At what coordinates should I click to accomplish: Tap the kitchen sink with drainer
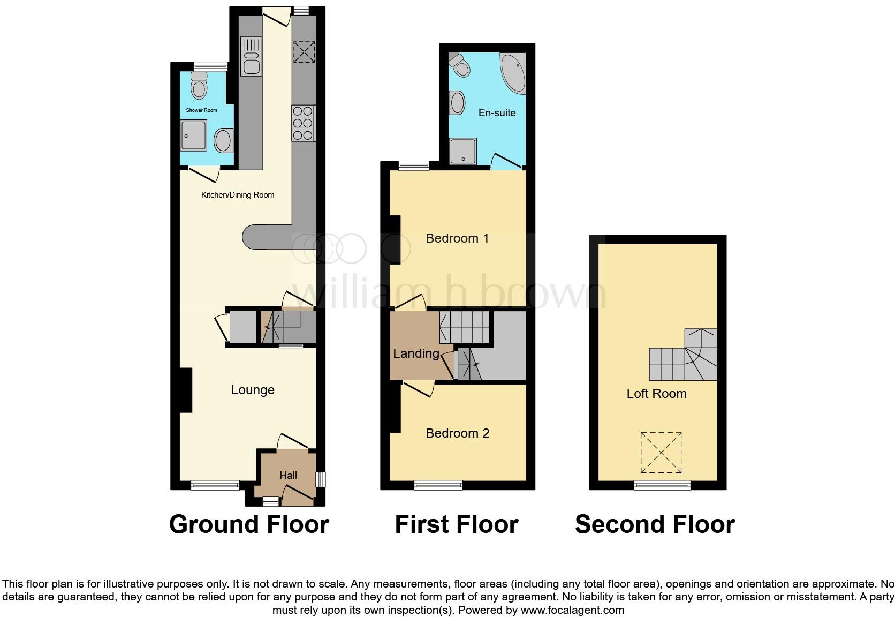point(251,56)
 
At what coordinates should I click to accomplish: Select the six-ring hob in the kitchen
point(303,123)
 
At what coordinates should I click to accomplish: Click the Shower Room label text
point(201,110)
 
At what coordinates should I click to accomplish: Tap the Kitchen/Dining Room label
point(238,195)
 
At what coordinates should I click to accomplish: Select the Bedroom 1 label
point(457,238)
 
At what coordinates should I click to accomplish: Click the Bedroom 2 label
point(457,433)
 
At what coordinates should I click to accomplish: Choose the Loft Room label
point(656,394)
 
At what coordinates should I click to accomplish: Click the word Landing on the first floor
point(416,353)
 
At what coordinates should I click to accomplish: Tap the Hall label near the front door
point(288,475)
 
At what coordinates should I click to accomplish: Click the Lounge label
point(253,390)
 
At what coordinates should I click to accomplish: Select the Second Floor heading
point(655,524)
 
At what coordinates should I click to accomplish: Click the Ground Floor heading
point(249,524)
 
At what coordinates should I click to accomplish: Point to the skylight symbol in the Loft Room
point(661,453)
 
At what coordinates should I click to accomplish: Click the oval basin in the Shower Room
point(223,141)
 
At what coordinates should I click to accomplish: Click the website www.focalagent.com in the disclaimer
point(572,610)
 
